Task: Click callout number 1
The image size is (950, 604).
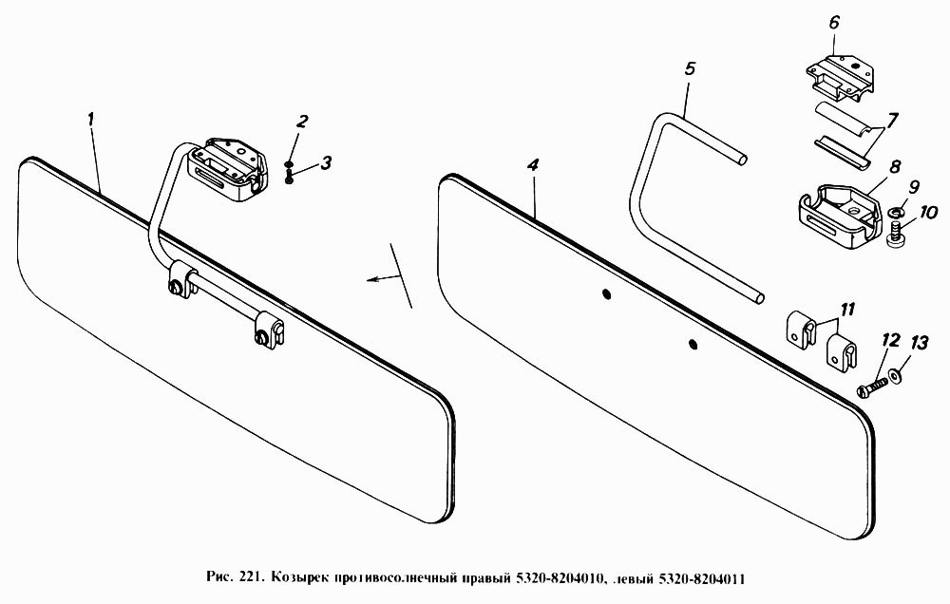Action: tap(91, 120)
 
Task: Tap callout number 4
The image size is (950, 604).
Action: tap(532, 165)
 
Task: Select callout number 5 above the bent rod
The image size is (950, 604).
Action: tap(690, 68)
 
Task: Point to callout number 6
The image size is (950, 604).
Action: tap(834, 23)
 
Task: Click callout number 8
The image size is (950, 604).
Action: tap(895, 166)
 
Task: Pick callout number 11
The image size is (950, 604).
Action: tap(847, 309)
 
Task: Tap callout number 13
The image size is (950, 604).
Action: tap(919, 344)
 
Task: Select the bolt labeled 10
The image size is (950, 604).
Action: tap(896, 236)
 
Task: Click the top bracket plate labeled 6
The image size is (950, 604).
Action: tap(842, 73)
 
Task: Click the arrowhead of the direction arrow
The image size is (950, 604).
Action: tap(370, 279)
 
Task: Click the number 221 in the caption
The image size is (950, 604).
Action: tap(250, 577)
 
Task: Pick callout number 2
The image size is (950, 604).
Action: tap(302, 122)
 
